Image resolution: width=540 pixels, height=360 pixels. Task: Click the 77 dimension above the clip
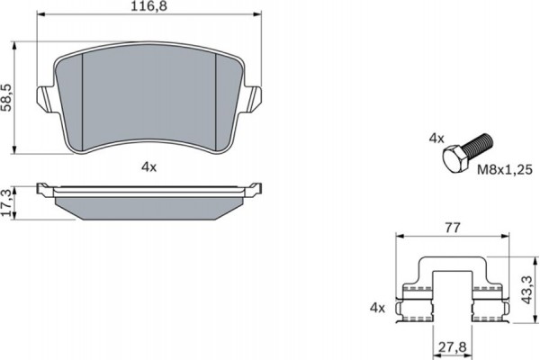pyautogui.click(x=454, y=229)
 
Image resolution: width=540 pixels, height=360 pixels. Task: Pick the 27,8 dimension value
pyautogui.click(x=454, y=347)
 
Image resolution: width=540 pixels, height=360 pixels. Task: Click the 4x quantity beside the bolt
pyautogui.click(x=436, y=139)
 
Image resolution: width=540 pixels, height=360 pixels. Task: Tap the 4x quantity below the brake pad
pyautogui.click(x=148, y=166)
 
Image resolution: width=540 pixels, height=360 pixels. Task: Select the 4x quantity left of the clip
pyautogui.click(x=377, y=309)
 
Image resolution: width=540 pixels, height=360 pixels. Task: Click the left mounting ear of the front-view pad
pyautogui.click(x=44, y=96)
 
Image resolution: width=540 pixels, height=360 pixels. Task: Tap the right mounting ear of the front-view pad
pyautogui.click(x=253, y=96)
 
